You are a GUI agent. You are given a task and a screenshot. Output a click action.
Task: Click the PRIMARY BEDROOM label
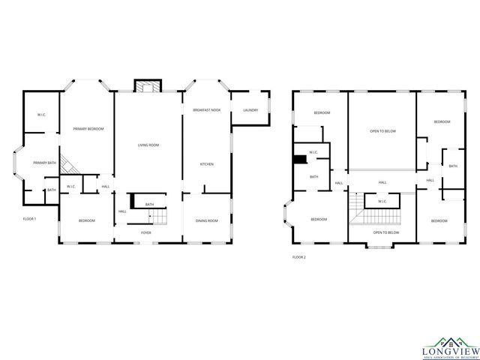[88, 130]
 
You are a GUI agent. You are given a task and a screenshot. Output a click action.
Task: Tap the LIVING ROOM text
[148, 145]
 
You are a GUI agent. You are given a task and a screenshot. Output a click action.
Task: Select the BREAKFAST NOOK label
[206, 110]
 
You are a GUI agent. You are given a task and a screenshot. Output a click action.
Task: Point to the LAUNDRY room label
[250, 110]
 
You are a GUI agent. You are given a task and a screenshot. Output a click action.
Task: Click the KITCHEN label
[206, 164]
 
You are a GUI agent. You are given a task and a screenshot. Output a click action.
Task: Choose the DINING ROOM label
[206, 220]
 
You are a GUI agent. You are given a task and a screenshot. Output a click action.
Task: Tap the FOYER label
[147, 232]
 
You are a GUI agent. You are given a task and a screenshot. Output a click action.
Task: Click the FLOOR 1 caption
[29, 218]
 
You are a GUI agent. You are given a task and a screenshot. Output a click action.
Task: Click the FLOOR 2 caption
[299, 257]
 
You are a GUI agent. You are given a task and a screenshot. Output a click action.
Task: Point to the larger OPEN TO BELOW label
[382, 131]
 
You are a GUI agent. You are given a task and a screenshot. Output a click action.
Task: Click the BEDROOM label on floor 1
[87, 220]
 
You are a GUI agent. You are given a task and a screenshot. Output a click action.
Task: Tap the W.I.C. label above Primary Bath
[41, 115]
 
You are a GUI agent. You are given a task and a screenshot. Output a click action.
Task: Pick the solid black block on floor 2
[300, 159]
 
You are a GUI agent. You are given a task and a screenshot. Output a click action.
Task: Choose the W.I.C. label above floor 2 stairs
[382, 201]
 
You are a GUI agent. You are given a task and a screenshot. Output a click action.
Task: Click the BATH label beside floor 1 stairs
[149, 204]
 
